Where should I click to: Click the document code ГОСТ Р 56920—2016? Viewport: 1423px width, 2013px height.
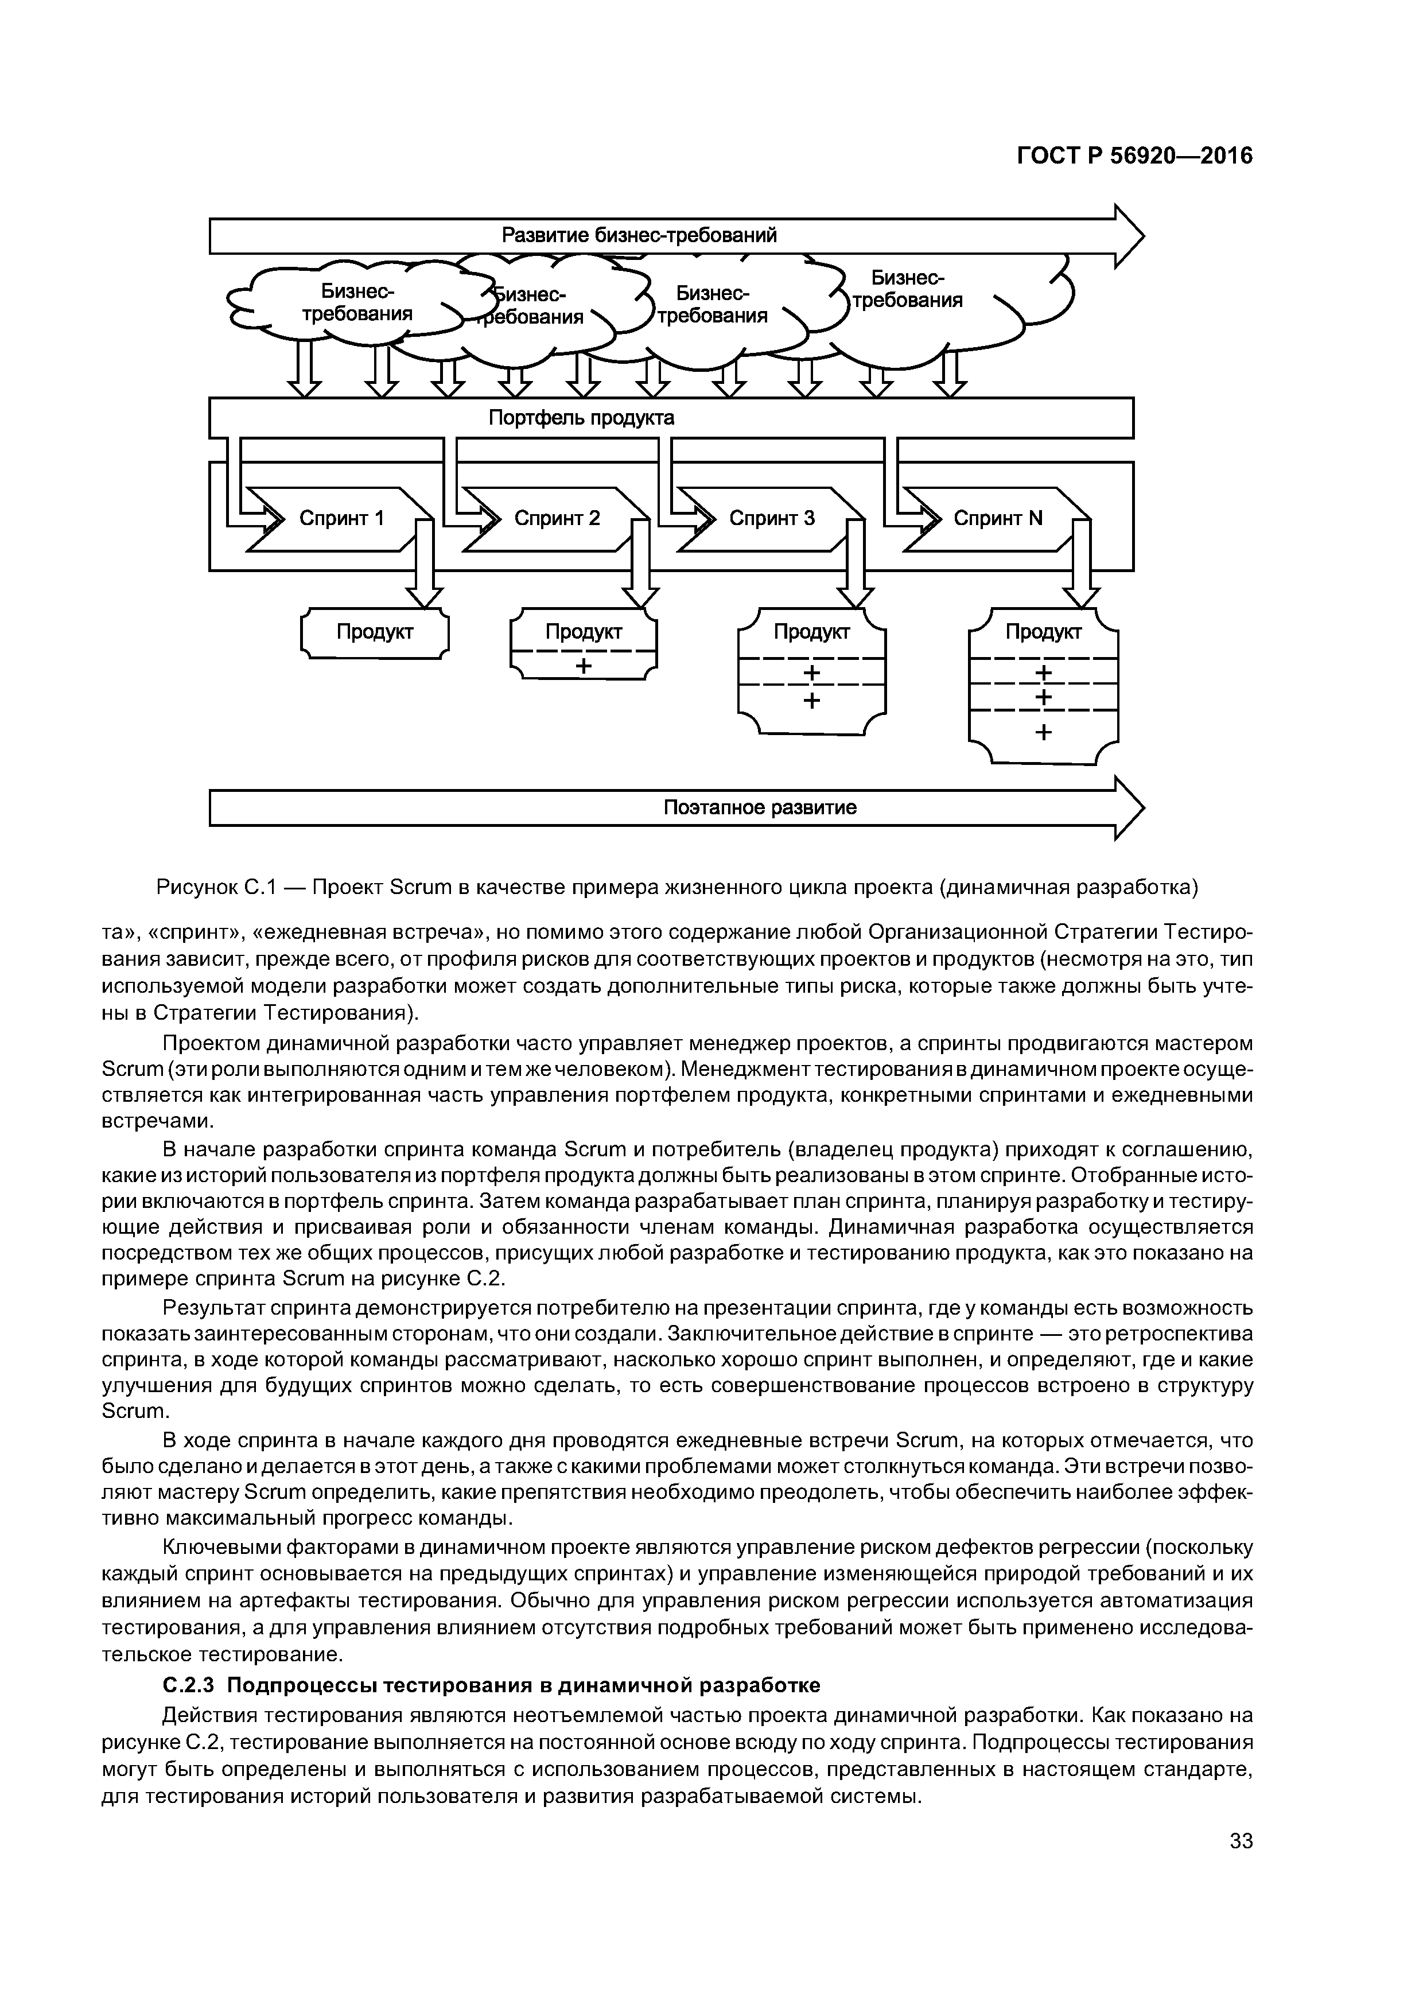[x=1134, y=156]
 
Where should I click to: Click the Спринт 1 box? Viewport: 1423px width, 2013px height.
[x=342, y=518]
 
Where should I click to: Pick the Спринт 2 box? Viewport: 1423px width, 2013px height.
[x=557, y=518]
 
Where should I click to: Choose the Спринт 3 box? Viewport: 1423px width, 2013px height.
[x=772, y=518]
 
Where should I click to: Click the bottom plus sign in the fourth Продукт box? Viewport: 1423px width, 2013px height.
[x=1043, y=732]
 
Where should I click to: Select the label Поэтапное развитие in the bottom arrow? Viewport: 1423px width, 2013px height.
[x=759, y=807]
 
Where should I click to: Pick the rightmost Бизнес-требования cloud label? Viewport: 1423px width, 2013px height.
[x=908, y=289]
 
